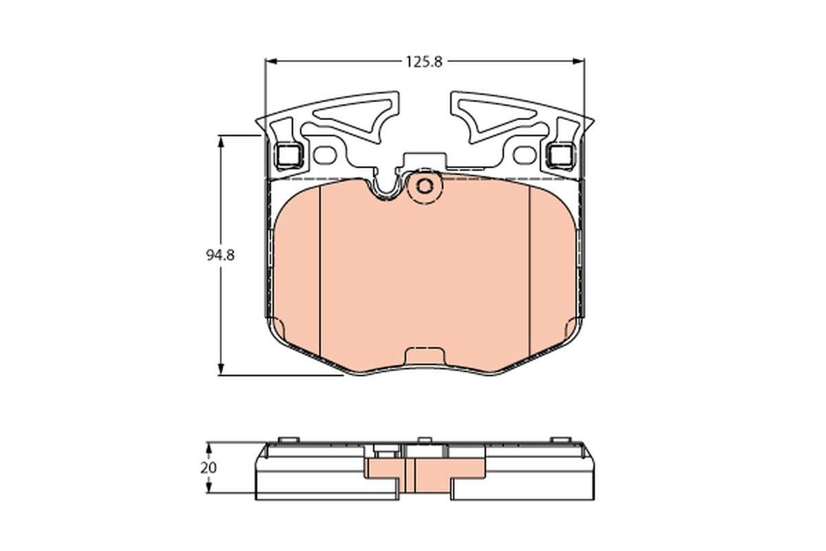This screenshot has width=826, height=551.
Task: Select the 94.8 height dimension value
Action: point(220,255)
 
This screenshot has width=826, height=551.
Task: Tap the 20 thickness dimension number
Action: point(208,467)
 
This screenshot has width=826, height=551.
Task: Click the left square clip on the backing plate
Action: point(288,156)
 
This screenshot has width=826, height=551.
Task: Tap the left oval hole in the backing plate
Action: point(325,156)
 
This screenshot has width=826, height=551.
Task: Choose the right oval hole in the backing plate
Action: point(525,156)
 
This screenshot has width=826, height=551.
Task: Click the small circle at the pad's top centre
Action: point(425,185)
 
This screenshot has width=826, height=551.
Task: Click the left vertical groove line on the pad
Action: point(321,269)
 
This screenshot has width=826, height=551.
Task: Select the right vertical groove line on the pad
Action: point(528,269)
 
